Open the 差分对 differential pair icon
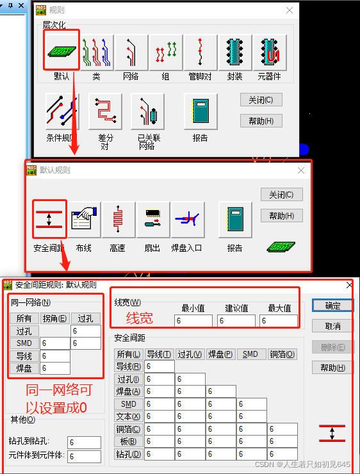tap(105, 111)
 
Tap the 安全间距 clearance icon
tap(49, 219)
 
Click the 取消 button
tap(332, 326)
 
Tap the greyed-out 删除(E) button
tap(332, 347)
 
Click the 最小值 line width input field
tap(193, 321)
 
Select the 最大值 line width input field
tap(279, 321)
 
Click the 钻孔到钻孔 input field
tap(84, 443)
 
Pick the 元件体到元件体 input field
tap(84, 456)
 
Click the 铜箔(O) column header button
tap(282, 354)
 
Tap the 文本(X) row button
tap(128, 416)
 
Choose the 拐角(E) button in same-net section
tap(55, 318)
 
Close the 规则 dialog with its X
tap(290, 10)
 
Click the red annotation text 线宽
tap(140, 318)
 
